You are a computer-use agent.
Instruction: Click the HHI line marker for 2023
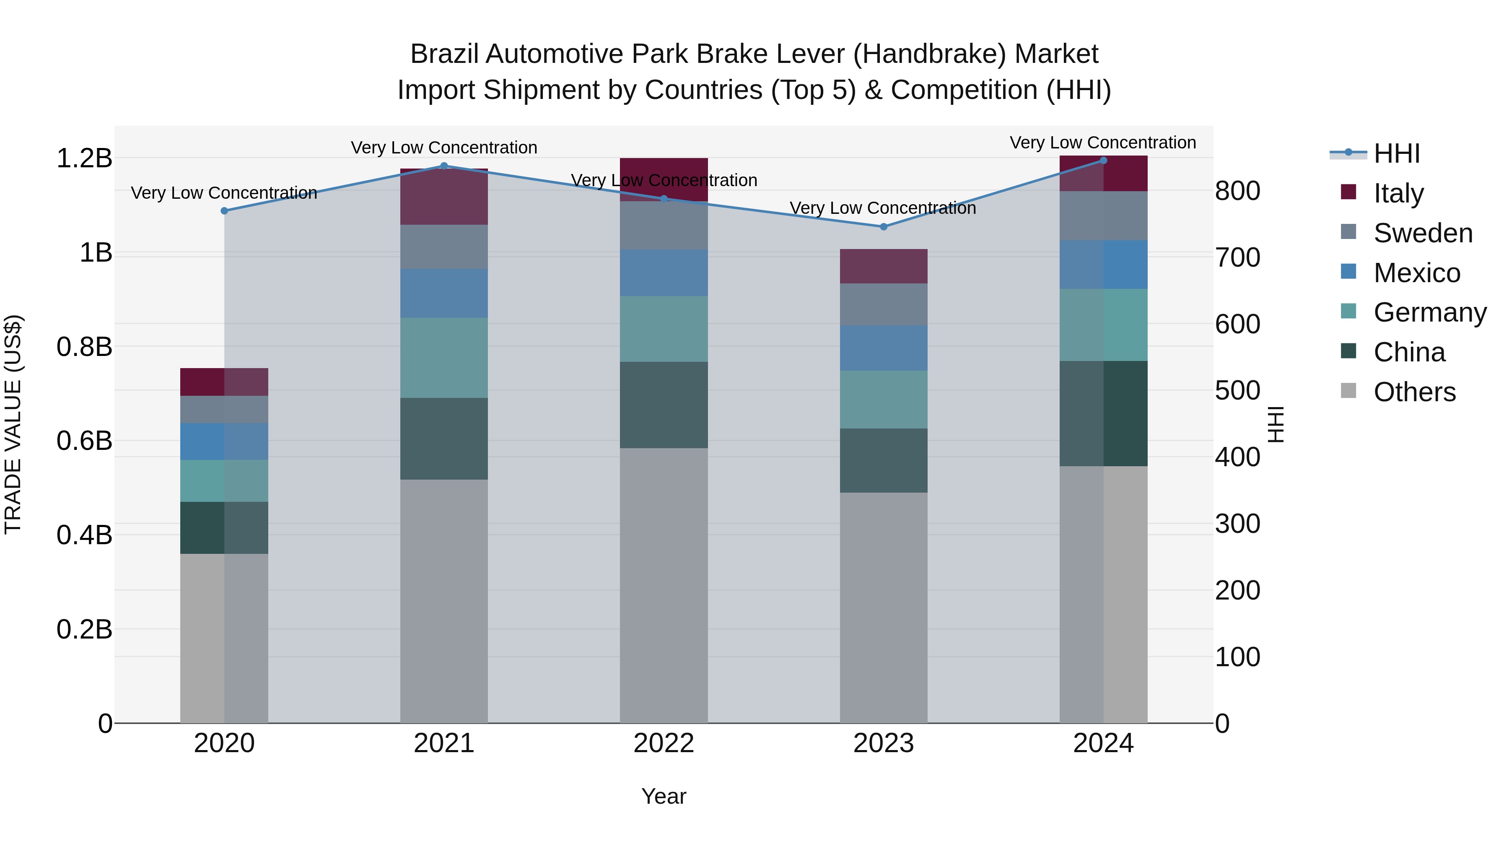point(883,227)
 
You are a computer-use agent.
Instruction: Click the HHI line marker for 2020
point(224,211)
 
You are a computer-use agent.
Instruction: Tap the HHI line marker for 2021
point(444,166)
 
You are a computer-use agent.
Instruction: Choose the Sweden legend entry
point(1422,233)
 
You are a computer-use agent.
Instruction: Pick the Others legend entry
point(1414,392)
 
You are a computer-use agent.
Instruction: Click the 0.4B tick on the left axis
point(84,535)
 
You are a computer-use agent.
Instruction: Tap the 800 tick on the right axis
point(1237,191)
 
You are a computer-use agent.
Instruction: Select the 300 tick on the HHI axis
point(1237,524)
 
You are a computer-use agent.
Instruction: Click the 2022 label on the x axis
point(664,743)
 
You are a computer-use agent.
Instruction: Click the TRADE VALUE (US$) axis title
point(13,424)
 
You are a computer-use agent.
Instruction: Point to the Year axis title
point(664,796)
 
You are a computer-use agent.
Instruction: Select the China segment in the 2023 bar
point(883,460)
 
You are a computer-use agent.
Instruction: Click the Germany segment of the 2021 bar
point(444,358)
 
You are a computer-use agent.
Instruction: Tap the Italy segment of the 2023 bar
point(883,267)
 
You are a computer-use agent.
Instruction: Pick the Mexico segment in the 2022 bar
point(664,273)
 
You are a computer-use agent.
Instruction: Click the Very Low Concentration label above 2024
point(1102,143)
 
